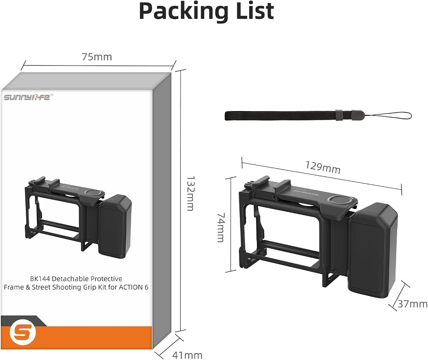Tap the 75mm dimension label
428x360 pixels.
coord(97,57)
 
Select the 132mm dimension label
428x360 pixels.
coord(190,193)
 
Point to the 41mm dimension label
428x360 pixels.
coord(187,355)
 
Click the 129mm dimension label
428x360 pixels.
coord(323,167)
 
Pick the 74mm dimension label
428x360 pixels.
coord(221,227)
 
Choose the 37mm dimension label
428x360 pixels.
coord(413,304)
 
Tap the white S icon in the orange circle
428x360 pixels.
coord(23,333)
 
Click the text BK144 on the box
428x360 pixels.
coord(40,279)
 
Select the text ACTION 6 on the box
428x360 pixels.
coord(134,287)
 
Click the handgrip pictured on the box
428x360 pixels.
coord(115,226)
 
